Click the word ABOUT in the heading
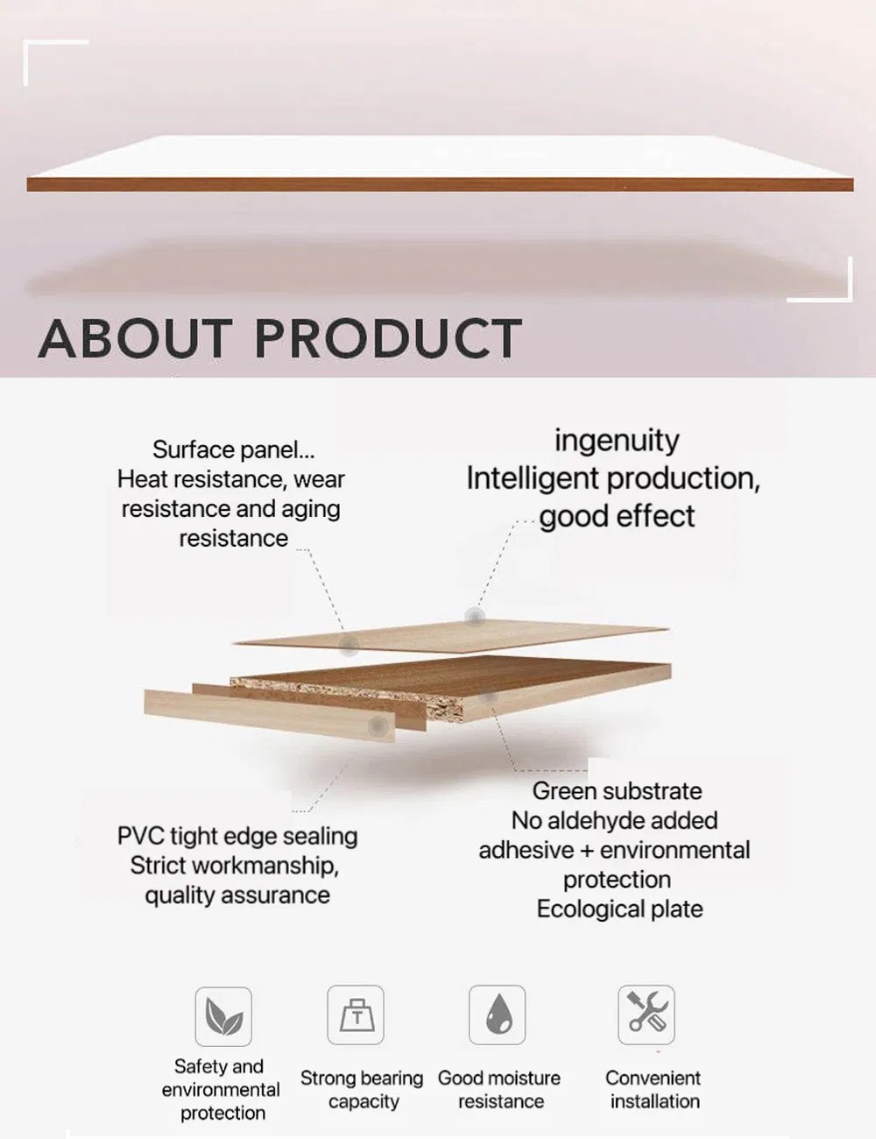135,338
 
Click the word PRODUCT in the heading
388,338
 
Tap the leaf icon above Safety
223,1016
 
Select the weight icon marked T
356,1015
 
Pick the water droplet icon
498,1015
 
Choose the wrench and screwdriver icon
646,1015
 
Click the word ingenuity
617,442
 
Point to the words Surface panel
234,449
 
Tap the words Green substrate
618,791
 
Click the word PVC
140,836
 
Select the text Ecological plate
620,909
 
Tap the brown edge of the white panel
440,185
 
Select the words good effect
618,516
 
